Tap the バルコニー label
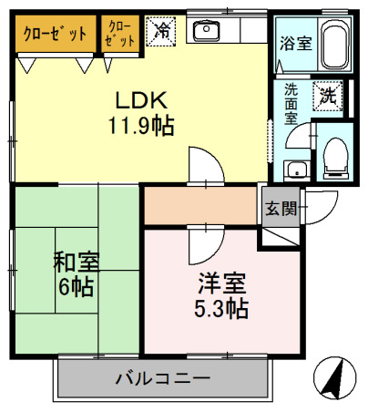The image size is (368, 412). [163, 376]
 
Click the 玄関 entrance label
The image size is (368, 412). [281, 208]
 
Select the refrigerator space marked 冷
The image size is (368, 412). [161, 31]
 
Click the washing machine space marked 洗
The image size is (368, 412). [326, 94]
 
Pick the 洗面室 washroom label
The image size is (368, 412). [291, 104]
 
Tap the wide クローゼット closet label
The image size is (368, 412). [55, 34]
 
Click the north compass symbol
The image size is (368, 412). [333, 376]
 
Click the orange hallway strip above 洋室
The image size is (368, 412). [200, 206]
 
